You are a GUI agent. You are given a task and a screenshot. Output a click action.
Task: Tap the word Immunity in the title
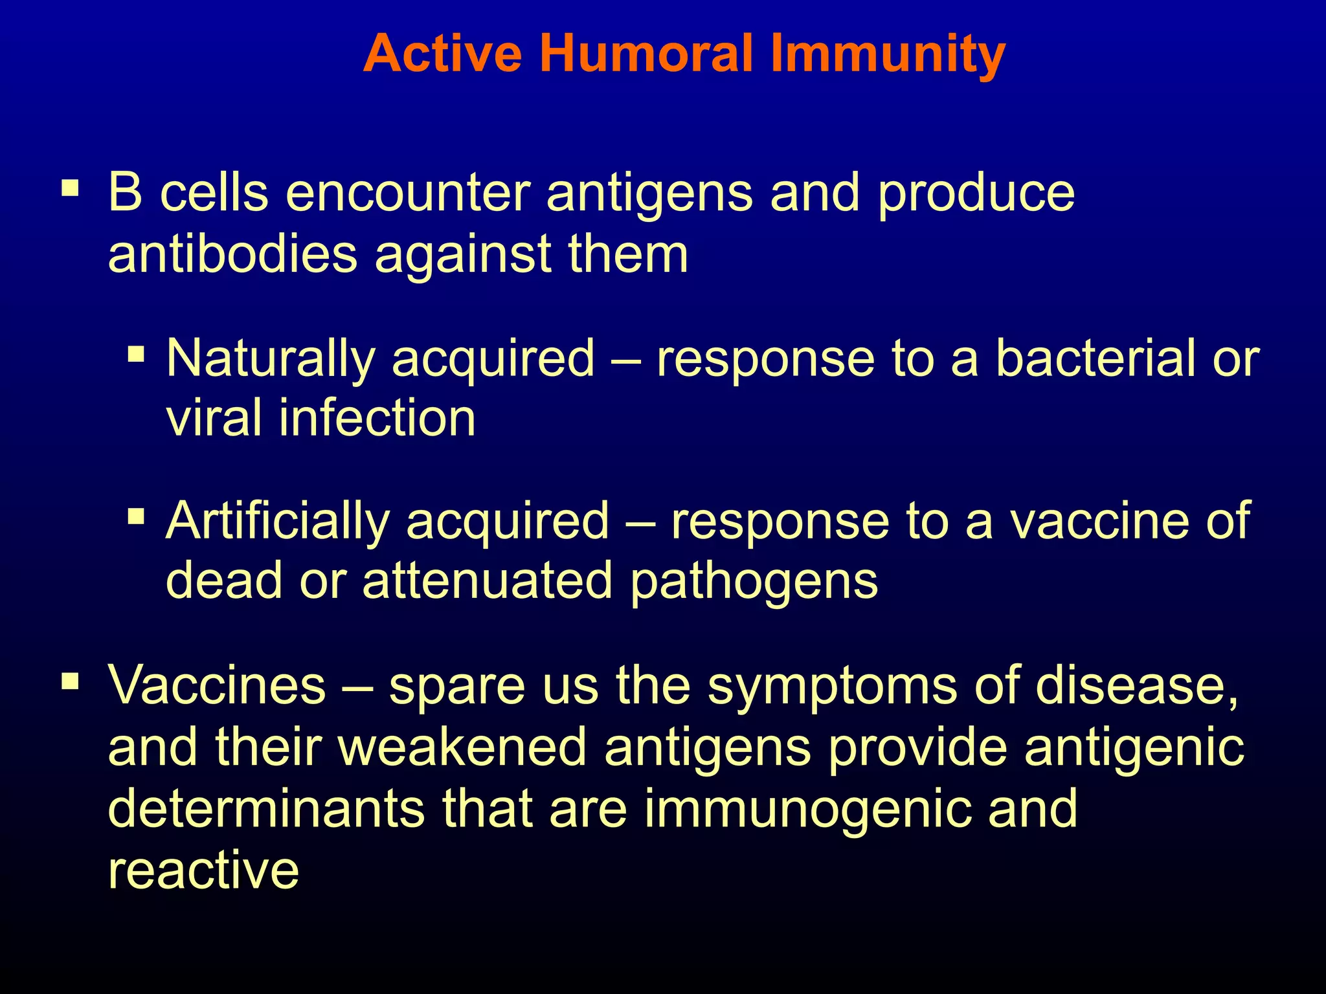click(887, 54)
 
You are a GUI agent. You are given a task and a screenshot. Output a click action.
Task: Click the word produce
click(976, 194)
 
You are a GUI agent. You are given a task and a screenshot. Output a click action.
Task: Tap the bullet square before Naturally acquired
click(136, 354)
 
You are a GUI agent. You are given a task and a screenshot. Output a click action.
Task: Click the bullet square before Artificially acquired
click(136, 516)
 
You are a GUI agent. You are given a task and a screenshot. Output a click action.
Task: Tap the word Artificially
click(278, 521)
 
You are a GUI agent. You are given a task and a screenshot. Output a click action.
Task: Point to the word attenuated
click(487, 580)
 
